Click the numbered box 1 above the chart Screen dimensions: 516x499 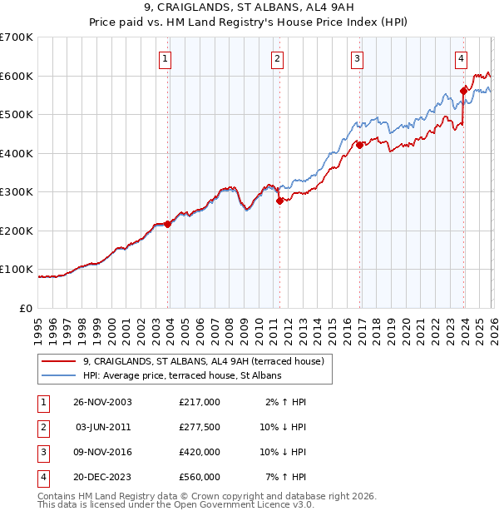[x=166, y=58]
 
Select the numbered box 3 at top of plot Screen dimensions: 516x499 [x=357, y=58]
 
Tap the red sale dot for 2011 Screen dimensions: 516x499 [x=279, y=201]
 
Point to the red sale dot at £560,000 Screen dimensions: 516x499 [x=464, y=91]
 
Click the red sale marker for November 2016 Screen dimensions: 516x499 [x=360, y=145]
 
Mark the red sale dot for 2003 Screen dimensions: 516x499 [x=168, y=224]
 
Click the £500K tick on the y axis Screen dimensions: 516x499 [x=17, y=115]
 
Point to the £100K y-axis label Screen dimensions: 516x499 [x=17, y=270]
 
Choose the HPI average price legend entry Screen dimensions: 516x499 [x=182, y=376]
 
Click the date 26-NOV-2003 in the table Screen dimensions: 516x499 [x=102, y=401]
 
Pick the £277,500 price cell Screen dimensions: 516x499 [x=199, y=426]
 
